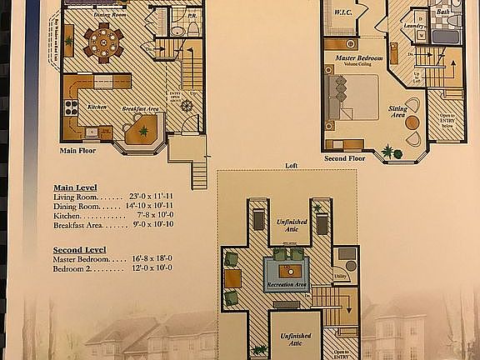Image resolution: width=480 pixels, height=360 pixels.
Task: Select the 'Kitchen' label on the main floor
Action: click(x=97, y=107)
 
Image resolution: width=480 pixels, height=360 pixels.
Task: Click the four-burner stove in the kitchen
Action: click(x=72, y=107)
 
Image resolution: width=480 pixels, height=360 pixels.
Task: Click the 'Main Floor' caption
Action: click(x=77, y=152)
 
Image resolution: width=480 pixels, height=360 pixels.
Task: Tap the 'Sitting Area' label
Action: click(x=398, y=112)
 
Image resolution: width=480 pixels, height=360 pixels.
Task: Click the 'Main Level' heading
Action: click(x=75, y=187)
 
